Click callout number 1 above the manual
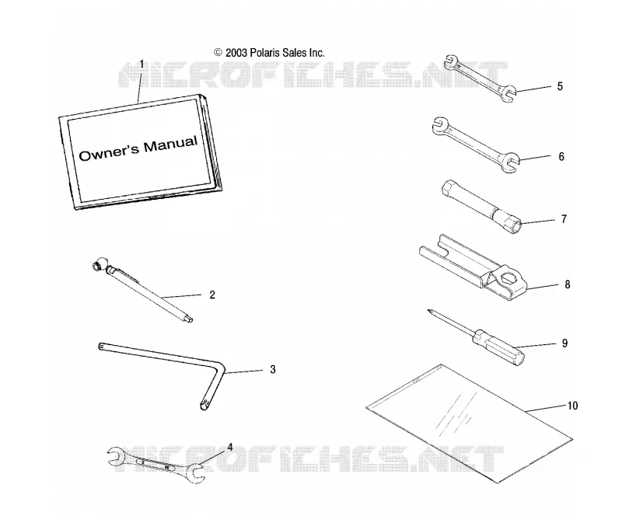pyautogui.click(x=142, y=64)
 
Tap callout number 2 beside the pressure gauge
pyautogui.click(x=212, y=295)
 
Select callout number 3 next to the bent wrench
pyautogui.click(x=273, y=369)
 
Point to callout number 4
pyautogui.click(x=229, y=448)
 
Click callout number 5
pyautogui.click(x=560, y=86)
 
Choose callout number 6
pyautogui.click(x=561, y=156)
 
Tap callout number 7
pyautogui.click(x=564, y=219)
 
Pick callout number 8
pyautogui.click(x=568, y=284)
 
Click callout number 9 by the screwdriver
pyautogui.click(x=565, y=343)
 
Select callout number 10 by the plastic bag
pyautogui.click(x=572, y=406)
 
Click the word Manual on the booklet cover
pyautogui.click(x=170, y=145)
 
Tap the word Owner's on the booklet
pyautogui.click(x=109, y=152)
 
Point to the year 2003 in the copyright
pyautogui.click(x=236, y=53)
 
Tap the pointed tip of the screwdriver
pyautogui.click(x=429, y=311)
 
